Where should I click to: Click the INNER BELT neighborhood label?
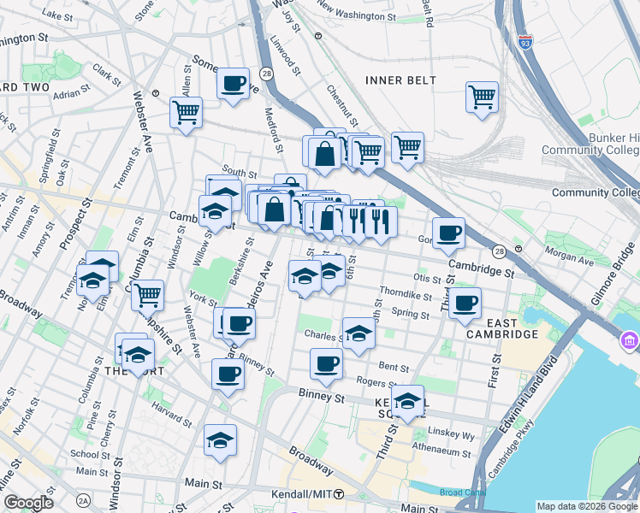point(400,80)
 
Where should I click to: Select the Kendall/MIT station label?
point(301,494)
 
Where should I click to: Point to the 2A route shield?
point(83,500)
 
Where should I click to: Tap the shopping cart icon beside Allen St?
point(186,111)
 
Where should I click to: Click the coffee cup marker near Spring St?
point(465,303)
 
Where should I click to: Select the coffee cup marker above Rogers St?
point(326,363)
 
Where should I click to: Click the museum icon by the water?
point(630,343)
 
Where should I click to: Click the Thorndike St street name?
point(406,295)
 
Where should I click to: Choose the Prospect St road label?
point(75,225)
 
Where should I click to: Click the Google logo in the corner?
point(28,503)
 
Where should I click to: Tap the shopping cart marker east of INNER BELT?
point(482,96)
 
